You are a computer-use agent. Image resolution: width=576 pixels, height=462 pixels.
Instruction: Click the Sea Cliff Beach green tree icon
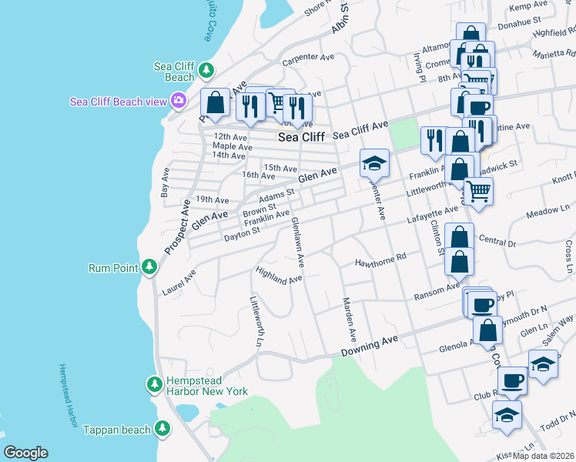click(x=206, y=71)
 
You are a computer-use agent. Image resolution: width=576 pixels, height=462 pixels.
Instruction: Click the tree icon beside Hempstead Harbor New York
click(x=155, y=383)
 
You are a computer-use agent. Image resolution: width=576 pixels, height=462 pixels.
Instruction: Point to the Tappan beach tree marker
click(x=162, y=429)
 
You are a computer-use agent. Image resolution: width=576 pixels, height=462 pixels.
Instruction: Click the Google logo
click(x=25, y=453)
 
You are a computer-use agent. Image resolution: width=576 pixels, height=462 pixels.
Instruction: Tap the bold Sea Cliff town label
click(x=301, y=137)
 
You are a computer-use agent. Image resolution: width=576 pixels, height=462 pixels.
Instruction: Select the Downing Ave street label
click(x=370, y=344)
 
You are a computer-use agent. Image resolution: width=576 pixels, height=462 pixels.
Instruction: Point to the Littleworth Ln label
click(x=256, y=322)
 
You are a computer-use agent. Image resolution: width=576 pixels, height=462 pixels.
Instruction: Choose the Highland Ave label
click(x=279, y=275)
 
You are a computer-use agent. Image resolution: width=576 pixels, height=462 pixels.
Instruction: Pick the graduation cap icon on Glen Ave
click(x=374, y=163)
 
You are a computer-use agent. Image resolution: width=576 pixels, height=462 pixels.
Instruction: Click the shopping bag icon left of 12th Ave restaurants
click(x=216, y=102)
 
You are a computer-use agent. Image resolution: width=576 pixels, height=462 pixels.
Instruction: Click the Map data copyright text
click(x=544, y=455)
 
